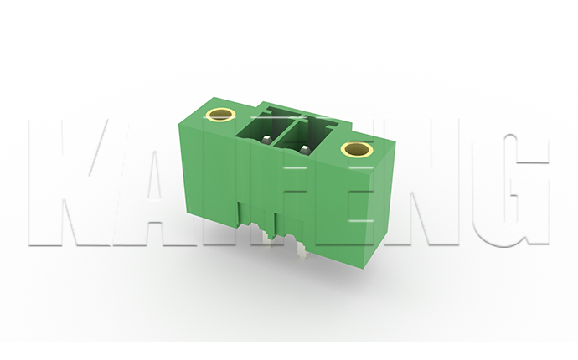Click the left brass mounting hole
click(x=219, y=115)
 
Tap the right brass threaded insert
click(x=357, y=148)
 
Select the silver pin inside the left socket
click(x=266, y=139)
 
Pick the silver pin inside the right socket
click(x=304, y=149)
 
